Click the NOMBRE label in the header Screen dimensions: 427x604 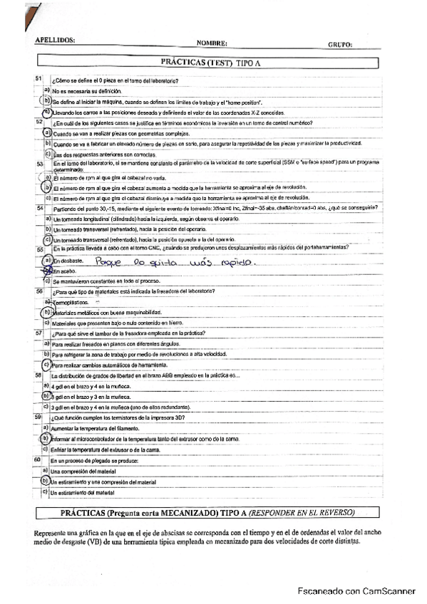pyautogui.click(x=212, y=43)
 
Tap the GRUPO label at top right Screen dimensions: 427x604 pyautogui.click(x=340, y=44)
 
